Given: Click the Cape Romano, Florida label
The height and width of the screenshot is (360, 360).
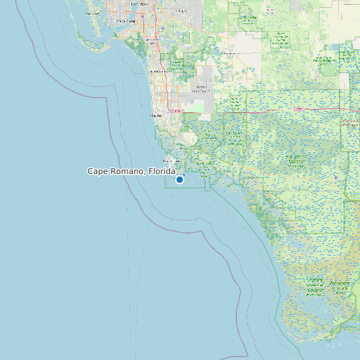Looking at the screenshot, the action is (x=132, y=171).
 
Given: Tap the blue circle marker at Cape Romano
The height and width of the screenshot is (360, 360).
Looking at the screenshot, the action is (x=179, y=179).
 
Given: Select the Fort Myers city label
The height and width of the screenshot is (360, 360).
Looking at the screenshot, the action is (x=139, y=4).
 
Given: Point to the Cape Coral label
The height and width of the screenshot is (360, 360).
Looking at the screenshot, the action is (x=126, y=21).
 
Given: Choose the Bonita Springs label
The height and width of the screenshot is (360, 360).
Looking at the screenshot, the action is (x=158, y=70).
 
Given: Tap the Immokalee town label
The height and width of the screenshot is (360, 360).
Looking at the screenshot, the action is (x=232, y=52).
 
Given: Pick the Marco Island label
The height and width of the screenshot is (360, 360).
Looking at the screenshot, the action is (x=167, y=160).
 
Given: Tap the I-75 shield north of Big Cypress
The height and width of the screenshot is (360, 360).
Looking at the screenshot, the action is (x=299, y=109).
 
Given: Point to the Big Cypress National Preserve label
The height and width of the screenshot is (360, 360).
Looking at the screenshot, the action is (x=296, y=159).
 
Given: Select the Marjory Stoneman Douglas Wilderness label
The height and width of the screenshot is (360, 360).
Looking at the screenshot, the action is (x=316, y=285).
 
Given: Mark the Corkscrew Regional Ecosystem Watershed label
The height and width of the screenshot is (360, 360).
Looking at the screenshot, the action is (x=177, y=64).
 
